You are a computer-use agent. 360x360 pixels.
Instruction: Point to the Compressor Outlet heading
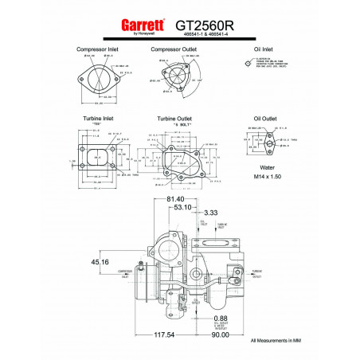tap(174, 49)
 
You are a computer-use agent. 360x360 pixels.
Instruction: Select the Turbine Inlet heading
tap(97, 119)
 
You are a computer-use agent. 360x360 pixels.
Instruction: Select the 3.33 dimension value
tap(210, 213)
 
